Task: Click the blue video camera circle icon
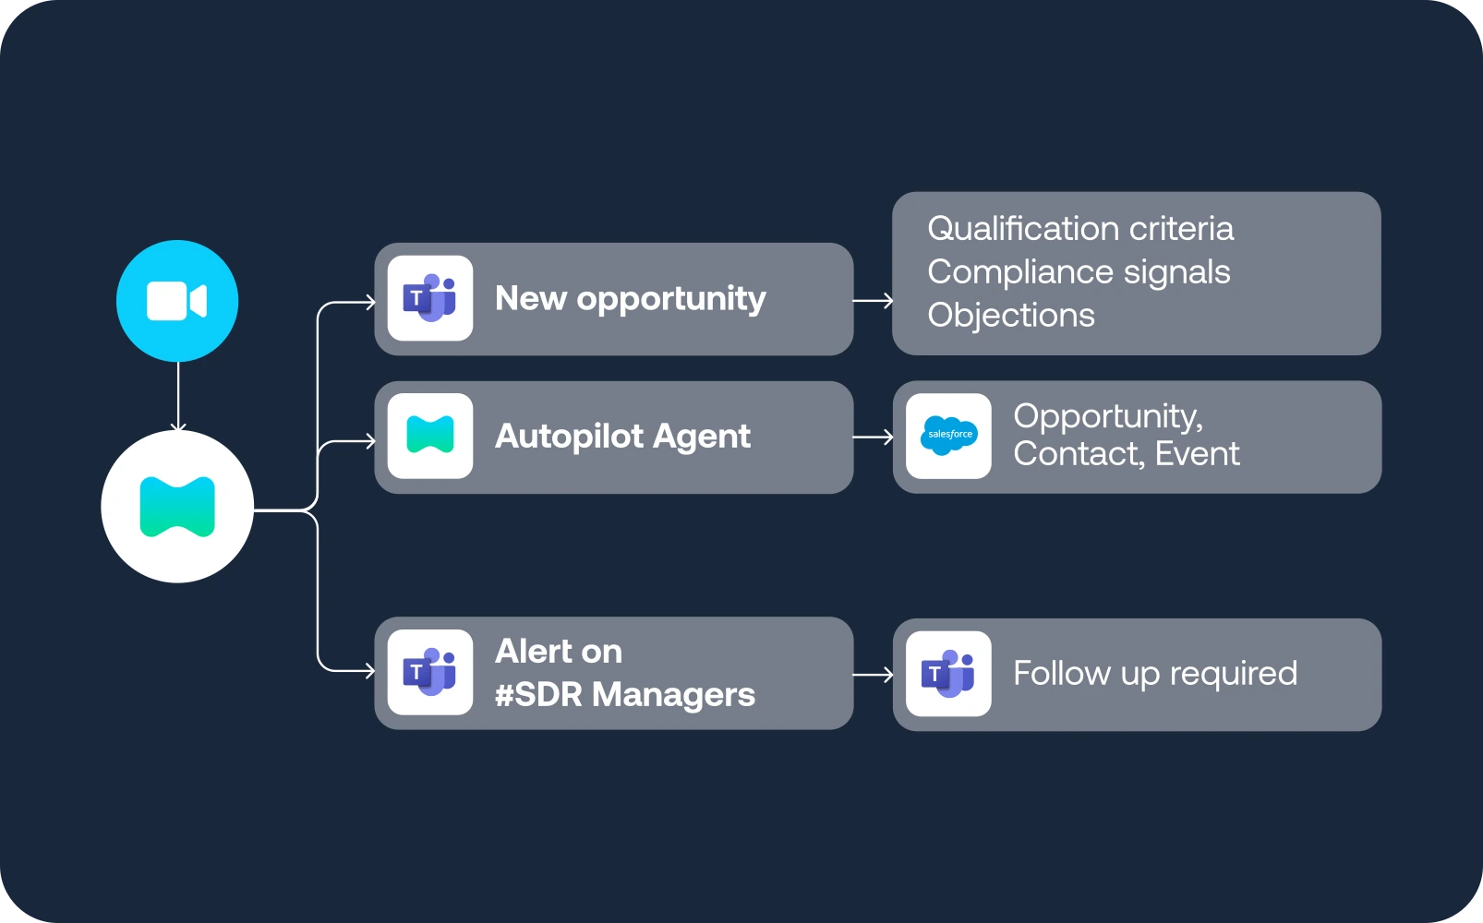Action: [x=177, y=301]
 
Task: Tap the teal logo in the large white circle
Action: [x=177, y=507]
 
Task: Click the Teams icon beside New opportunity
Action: [x=430, y=298]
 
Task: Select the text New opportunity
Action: [x=630, y=298]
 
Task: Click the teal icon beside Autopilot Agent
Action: [x=430, y=436]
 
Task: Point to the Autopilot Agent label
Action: [x=622, y=436]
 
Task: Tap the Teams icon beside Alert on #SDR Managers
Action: [x=430, y=672]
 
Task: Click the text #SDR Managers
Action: [x=624, y=694]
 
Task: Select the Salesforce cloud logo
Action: [x=949, y=436]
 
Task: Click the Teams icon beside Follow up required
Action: [x=948, y=673]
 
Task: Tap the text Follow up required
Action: [x=1154, y=673]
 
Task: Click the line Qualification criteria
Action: [x=1079, y=228]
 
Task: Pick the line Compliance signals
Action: [x=1078, y=271]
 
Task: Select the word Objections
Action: [x=1010, y=315]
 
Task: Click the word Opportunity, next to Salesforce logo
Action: [x=1107, y=416]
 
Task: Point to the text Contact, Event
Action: [x=1126, y=454]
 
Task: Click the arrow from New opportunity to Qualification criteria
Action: [x=873, y=300]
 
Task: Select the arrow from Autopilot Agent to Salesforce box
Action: [x=873, y=437]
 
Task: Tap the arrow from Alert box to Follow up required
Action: [x=873, y=675]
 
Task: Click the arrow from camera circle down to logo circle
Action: [x=178, y=396]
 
